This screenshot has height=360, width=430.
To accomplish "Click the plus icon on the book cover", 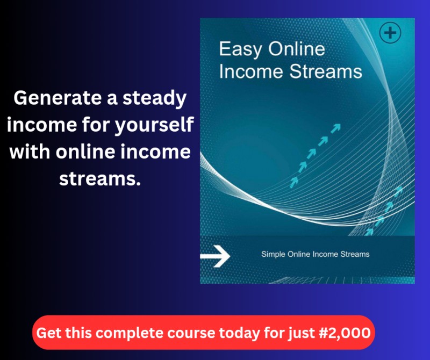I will pyautogui.click(x=390, y=33).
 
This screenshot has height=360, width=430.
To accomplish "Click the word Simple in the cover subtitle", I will pyautogui.click(x=274, y=254).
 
